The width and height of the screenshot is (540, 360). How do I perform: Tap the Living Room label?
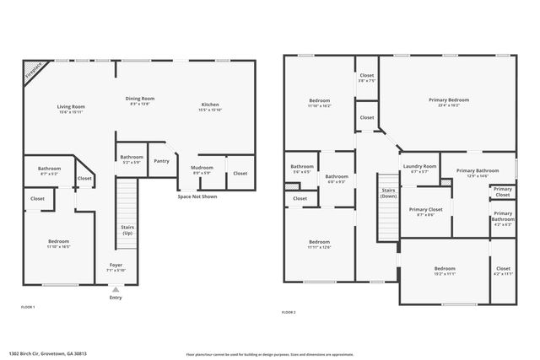(x=71, y=107)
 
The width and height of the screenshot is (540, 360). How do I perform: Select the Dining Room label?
(x=140, y=99)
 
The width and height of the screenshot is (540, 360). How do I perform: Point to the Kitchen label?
(x=209, y=105)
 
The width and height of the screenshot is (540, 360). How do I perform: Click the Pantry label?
(x=161, y=160)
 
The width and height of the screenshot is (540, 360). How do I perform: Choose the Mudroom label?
(x=202, y=168)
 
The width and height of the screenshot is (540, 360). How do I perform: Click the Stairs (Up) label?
(x=127, y=229)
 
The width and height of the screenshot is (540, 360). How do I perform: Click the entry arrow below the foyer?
(x=116, y=288)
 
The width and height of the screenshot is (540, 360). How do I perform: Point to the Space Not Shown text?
(x=197, y=196)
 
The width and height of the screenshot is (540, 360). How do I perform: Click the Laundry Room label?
(x=419, y=166)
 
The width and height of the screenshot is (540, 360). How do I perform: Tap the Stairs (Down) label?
(x=388, y=193)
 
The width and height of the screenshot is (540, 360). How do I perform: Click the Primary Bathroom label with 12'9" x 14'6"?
(x=478, y=171)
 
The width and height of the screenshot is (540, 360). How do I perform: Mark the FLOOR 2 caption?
(x=289, y=312)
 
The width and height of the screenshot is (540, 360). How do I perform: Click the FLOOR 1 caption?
(x=28, y=307)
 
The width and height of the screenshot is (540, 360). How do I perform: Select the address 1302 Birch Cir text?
(x=47, y=354)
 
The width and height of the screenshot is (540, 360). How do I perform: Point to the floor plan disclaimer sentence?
(x=270, y=354)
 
